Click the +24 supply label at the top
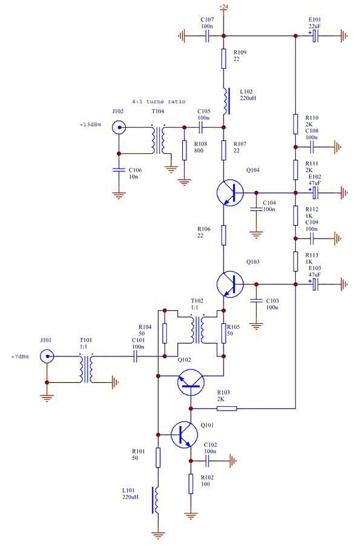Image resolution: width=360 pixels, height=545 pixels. pyautogui.click(x=224, y=6)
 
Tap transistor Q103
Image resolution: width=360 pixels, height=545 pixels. pyautogui.click(x=230, y=283)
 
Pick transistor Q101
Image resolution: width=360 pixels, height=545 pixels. pyautogui.click(x=185, y=435)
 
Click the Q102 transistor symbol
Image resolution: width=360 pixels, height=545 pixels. pyautogui.click(x=191, y=381)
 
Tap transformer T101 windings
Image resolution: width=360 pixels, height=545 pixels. pyautogui.click(x=85, y=369)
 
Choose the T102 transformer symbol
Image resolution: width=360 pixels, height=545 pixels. pyautogui.click(x=198, y=328)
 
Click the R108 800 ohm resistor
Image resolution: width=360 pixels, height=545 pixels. pyautogui.click(x=183, y=149)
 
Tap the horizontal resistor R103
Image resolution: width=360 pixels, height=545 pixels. pyautogui.click(x=226, y=408)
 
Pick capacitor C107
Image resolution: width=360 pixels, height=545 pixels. pyautogui.click(x=206, y=36)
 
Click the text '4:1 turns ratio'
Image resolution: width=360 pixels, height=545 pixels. pyautogui.click(x=159, y=101)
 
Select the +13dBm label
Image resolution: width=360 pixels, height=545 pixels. pyautogui.click(x=90, y=125)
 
